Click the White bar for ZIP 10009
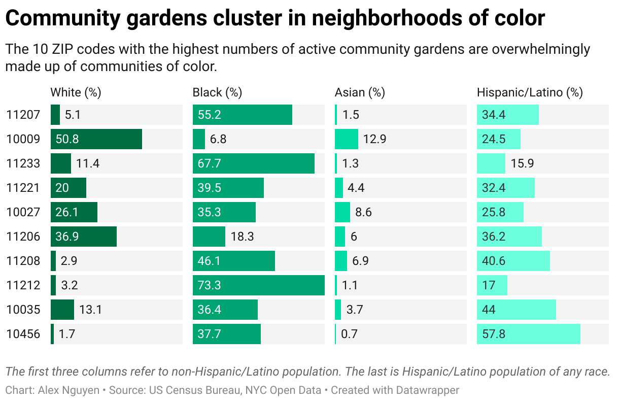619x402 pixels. click(96, 139)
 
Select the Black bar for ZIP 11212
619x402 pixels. click(258, 285)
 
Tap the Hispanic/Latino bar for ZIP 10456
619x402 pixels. click(528, 334)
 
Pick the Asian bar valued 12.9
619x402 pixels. click(347, 139)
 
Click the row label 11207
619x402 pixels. click(23, 115)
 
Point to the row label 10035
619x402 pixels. click(23, 310)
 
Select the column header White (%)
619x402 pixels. click(76, 92)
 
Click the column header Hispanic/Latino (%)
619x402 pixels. click(530, 92)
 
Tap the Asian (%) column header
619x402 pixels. click(360, 92)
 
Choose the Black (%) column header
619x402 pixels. click(217, 92)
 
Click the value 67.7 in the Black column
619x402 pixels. click(210, 163)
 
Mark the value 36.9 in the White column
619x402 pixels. click(67, 237)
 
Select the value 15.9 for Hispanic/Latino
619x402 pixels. click(522, 163)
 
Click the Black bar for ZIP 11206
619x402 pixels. click(209, 237)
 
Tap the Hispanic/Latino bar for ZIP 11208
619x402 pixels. click(513, 261)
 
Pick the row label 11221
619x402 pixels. click(23, 188)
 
